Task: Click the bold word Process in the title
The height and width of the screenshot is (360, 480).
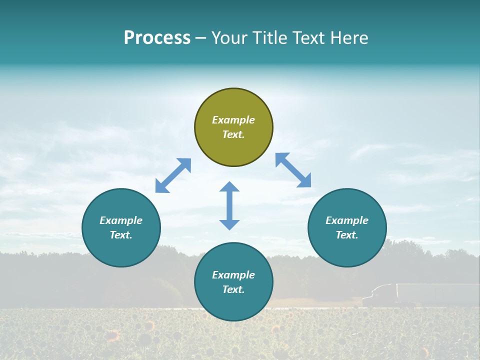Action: click(x=157, y=38)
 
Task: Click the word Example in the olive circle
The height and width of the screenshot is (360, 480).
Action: click(x=233, y=120)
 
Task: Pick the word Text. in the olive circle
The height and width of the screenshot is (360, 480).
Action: click(x=233, y=134)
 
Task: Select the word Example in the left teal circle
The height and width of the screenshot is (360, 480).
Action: click(x=121, y=220)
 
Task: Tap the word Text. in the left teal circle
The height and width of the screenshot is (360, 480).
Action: click(x=121, y=235)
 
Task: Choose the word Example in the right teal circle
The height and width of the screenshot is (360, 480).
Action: click(x=347, y=220)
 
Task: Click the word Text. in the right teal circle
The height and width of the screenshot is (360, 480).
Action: click(x=347, y=235)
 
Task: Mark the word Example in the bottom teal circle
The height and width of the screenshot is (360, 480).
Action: click(x=233, y=275)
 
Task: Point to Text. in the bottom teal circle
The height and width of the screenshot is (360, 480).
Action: click(x=233, y=289)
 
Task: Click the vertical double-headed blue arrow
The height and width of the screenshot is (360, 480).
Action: click(x=229, y=205)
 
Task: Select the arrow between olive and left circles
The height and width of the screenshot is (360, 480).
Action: click(x=173, y=175)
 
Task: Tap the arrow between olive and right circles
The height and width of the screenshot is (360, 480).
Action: click(x=293, y=170)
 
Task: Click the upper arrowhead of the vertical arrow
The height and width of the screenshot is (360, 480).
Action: click(x=229, y=187)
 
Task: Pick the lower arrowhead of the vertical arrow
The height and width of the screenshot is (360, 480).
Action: click(x=229, y=224)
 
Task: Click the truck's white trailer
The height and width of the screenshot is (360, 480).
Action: click(x=435, y=293)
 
